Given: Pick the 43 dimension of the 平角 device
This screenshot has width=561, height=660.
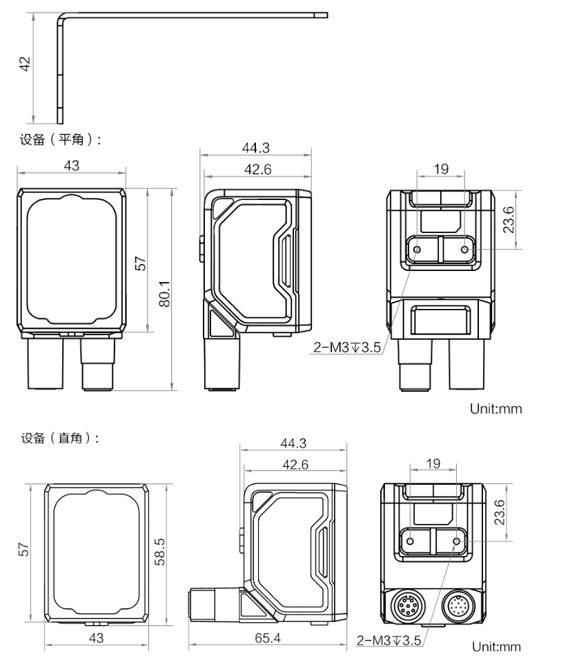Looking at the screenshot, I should (71, 166).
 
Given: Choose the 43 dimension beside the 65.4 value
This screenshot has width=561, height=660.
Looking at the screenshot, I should (97, 638).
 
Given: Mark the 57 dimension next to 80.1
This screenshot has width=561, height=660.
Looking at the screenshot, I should (140, 263).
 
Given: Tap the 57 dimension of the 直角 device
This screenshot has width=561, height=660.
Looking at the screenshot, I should (24, 550).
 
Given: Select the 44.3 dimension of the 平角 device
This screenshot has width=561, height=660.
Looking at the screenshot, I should (255, 147).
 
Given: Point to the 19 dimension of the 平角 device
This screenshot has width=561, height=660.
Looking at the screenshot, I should (441, 167).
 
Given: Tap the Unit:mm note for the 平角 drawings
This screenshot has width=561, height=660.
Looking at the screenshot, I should (496, 408).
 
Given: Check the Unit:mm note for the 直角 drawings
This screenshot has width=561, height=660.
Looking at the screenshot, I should (496, 646).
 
